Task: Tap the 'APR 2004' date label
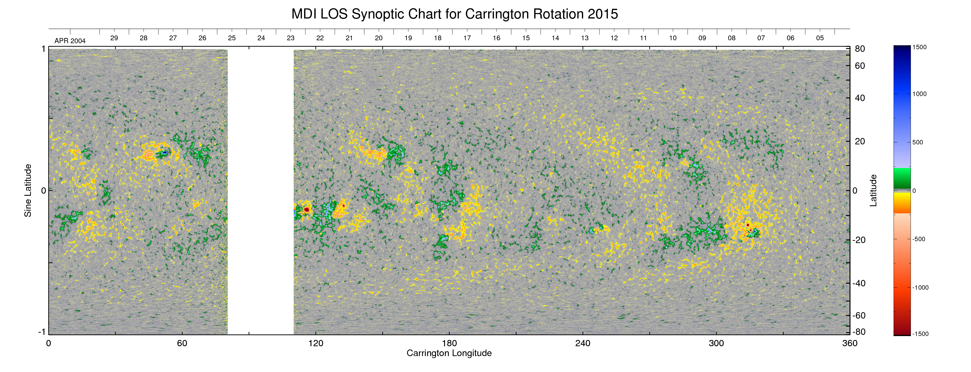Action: pyautogui.click(x=70, y=41)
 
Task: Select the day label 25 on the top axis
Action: pyautogui.click(x=232, y=38)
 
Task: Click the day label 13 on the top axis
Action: pyautogui.click(x=585, y=38)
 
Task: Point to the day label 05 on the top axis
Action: pyautogui.click(x=820, y=38)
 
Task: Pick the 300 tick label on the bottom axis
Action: pyautogui.click(x=716, y=343)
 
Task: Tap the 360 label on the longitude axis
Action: pyautogui.click(x=850, y=343)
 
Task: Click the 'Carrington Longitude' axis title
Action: pyautogui.click(x=449, y=353)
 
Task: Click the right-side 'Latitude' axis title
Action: pyautogui.click(x=873, y=190)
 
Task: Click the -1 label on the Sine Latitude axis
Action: pyautogui.click(x=42, y=332)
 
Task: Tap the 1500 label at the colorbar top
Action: pyautogui.click(x=919, y=47)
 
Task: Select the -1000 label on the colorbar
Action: pyautogui.click(x=920, y=287)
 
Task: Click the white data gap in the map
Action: pyautogui.click(x=260, y=190)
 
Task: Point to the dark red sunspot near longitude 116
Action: pyautogui.click(x=307, y=209)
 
